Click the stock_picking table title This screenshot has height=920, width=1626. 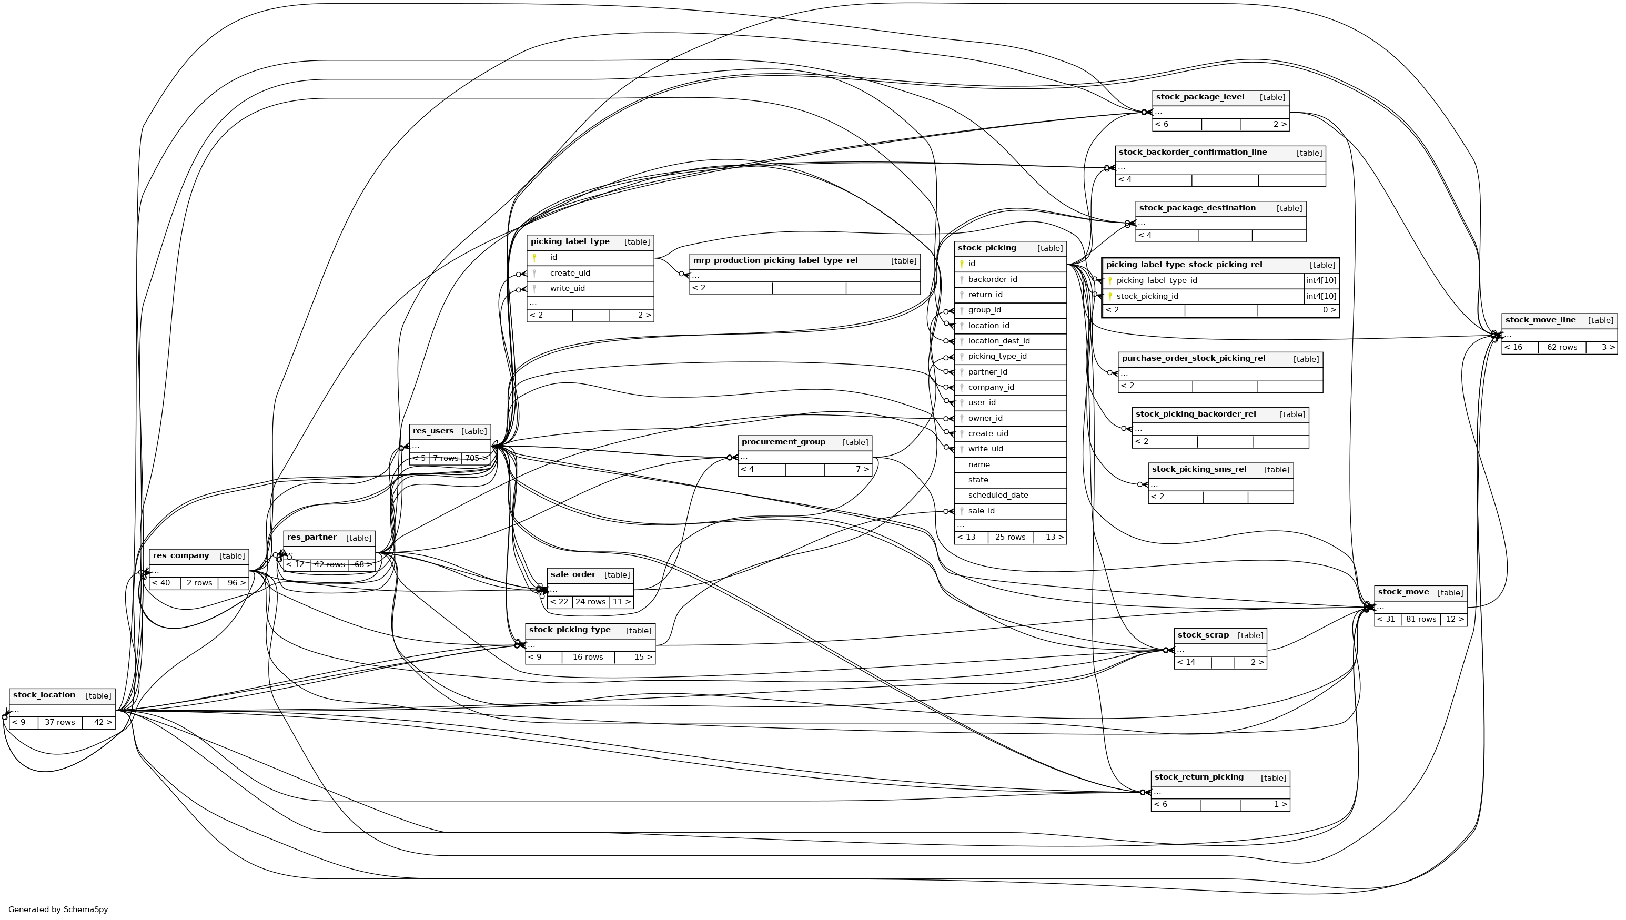(x=987, y=248)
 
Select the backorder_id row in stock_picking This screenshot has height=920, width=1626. (x=993, y=279)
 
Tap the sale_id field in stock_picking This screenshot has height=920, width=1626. (x=981, y=511)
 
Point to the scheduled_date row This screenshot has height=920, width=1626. (x=997, y=496)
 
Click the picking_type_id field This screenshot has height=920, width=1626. (x=997, y=356)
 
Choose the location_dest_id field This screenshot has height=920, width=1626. (x=999, y=341)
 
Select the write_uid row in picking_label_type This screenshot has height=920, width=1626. (x=567, y=289)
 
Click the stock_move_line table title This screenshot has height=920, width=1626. (x=1540, y=320)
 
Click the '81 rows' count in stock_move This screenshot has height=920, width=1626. (x=1421, y=619)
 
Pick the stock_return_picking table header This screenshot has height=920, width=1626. (x=1198, y=777)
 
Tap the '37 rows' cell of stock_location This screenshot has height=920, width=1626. (x=59, y=723)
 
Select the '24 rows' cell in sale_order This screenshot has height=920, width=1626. (x=590, y=602)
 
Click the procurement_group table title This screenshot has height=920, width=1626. (x=783, y=442)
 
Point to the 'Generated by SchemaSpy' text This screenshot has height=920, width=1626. (x=58, y=910)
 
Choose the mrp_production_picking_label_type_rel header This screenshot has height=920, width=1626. (x=775, y=261)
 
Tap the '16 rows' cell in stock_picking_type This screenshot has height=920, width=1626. (x=588, y=657)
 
